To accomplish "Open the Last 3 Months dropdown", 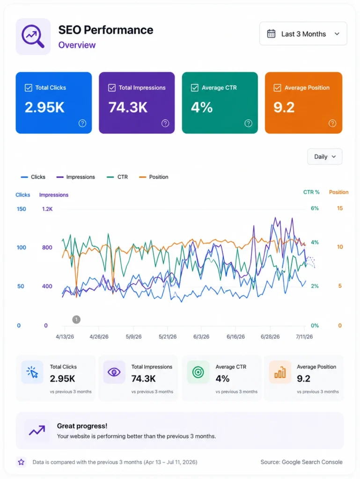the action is (303, 34).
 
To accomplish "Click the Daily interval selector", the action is (324, 157).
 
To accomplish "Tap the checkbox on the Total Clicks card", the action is (29, 87).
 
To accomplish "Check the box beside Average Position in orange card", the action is (277, 87).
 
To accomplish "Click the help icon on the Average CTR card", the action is (248, 123).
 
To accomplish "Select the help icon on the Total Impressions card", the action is (165, 123).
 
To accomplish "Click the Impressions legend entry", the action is (76, 177).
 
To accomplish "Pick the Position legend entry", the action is (154, 177).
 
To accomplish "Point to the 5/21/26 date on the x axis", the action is (168, 337).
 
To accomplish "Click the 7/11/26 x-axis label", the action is (304, 337).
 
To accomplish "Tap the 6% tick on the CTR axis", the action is (315, 208).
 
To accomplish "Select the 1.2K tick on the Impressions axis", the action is (47, 209).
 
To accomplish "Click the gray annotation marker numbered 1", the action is (76, 319).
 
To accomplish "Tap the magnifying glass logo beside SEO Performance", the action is (33, 36).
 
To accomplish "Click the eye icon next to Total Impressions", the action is (114, 372).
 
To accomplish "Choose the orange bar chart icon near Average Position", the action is (280, 372).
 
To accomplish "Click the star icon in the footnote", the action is (21, 462).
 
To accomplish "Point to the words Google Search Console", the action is (312, 462).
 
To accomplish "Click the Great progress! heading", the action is (82, 426).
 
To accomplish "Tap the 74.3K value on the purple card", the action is (128, 107).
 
